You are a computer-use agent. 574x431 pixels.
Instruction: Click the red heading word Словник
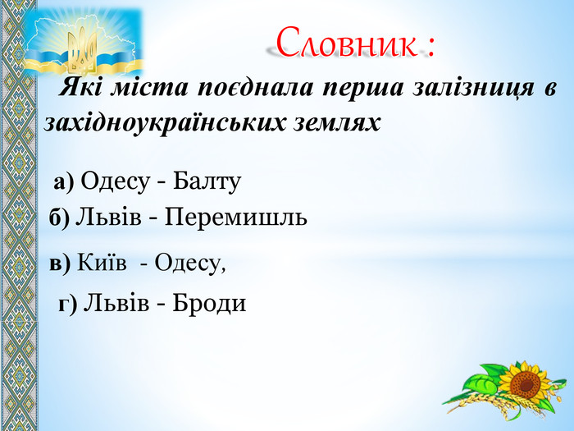click(346, 43)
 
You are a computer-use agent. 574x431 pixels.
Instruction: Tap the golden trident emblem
click(83, 52)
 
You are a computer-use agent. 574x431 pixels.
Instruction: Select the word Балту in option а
click(207, 181)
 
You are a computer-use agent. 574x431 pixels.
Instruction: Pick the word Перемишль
click(236, 217)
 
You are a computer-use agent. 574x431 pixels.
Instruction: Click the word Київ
click(102, 263)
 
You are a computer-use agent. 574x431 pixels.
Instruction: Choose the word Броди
click(209, 304)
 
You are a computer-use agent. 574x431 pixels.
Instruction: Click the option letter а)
click(64, 182)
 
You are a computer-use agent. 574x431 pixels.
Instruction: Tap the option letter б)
click(59, 218)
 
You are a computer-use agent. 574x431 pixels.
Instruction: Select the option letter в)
click(60, 264)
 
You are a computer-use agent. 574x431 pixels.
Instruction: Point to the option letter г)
click(68, 305)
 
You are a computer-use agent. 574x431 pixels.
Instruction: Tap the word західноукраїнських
click(165, 123)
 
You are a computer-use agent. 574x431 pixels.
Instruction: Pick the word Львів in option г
click(116, 304)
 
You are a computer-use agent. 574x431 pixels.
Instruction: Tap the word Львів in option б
click(108, 217)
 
